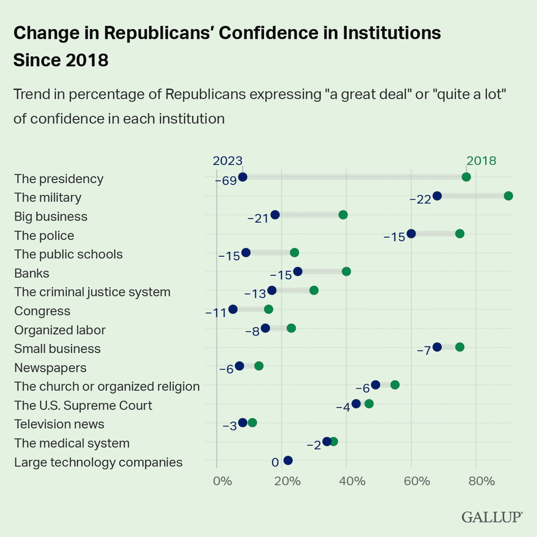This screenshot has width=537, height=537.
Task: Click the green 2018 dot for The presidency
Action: coord(466,177)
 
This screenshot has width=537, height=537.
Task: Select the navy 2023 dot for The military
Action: coord(437,196)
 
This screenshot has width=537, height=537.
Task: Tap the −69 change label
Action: coord(226,181)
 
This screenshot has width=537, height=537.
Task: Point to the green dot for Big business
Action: coord(343,215)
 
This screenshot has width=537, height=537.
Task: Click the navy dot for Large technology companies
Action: coord(288,460)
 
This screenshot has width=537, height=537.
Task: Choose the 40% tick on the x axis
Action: coord(353,481)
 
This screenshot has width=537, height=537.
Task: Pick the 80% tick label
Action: coord(482,481)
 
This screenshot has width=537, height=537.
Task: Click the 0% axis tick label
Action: coord(222,481)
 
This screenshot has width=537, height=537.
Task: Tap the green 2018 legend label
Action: coord(481,161)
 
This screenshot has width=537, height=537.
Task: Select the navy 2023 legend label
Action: coord(228,161)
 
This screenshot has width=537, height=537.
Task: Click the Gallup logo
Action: coord(492,517)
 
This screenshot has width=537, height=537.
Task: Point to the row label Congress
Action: coord(42,311)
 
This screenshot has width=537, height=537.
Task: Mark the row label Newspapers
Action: coord(50,368)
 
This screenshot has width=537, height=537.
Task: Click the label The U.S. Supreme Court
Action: coord(83,405)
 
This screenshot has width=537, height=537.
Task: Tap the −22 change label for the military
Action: coord(420,200)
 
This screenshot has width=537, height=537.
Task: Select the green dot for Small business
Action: coord(460,347)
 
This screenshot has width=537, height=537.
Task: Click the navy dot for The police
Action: coord(411,234)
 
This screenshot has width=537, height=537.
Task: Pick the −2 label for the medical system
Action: coord(314,445)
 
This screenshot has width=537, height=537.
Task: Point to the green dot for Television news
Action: coord(252,423)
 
